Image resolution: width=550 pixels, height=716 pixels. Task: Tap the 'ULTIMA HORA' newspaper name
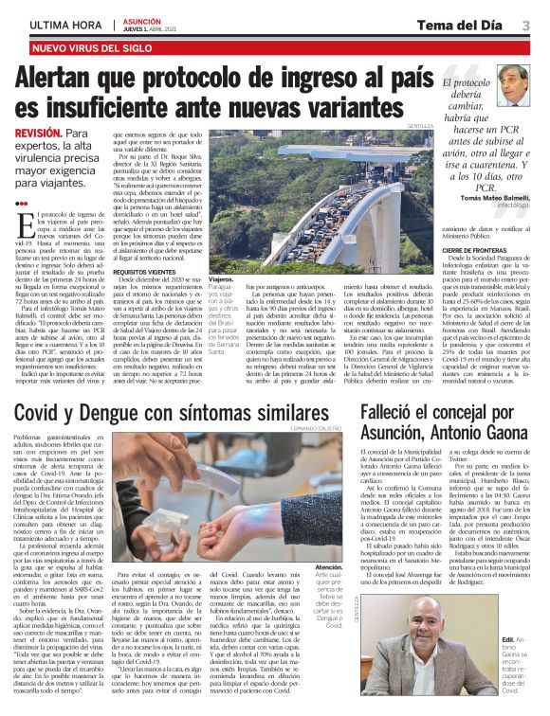(x=65, y=25)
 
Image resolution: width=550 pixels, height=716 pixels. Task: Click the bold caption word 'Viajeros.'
(x=220, y=281)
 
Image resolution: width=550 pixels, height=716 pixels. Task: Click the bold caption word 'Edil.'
(x=512, y=614)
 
